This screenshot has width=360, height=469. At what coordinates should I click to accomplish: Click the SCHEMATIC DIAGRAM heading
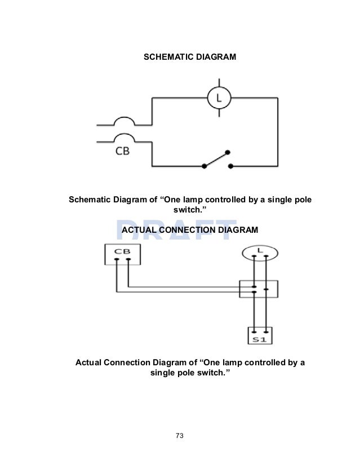pyautogui.click(x=190, y=57)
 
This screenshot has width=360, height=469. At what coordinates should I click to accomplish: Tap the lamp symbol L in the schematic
pyautogui.click(x=217, y=99)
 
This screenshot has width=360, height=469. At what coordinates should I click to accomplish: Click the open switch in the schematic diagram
pyautogui.click(x=216, y=160)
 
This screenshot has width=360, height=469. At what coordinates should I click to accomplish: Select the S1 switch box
pyautogui.click(x=260, y=337)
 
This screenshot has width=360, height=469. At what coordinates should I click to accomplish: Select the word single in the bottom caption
pyautogui.click(x=162, y=373)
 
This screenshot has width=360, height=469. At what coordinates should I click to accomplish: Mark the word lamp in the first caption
pyautogui.click(x=193, y=200)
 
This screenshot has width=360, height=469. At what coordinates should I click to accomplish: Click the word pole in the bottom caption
pyautogui.click(x=187, y=373)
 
